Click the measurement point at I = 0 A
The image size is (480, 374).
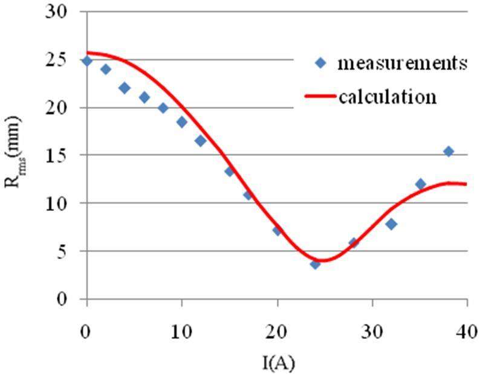click(x=87, y=60)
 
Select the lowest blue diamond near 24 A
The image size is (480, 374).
click(x=315, y=264)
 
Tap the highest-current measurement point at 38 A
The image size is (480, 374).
click(x=448, y=151)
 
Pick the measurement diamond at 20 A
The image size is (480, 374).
click(x=277, y=230)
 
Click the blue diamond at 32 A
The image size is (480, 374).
click(x=391, y=224)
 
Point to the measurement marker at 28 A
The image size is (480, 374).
click(x=354, y=243)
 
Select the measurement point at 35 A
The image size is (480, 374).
click(x=420, y=184)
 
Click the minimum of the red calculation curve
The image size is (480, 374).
click(x=322, y=261)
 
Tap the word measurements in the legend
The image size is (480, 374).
click(x=403, y=63)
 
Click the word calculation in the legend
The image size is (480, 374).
click(x=388, y=97)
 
